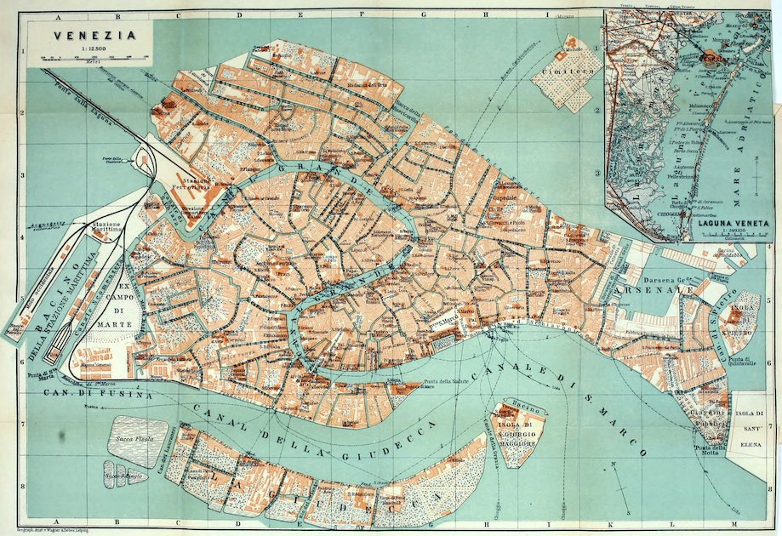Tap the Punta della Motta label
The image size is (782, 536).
click(707, 448)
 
